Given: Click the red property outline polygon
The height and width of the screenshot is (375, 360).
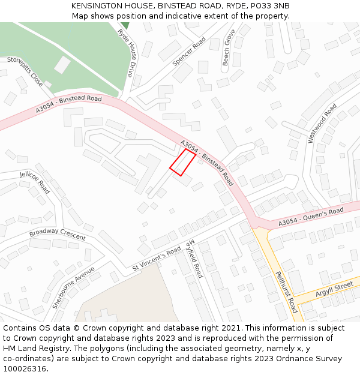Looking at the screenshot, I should click(182, 162).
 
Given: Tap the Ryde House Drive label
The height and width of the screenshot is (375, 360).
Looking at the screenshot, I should click(125, 53).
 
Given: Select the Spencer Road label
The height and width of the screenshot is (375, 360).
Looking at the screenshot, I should click(189, 52).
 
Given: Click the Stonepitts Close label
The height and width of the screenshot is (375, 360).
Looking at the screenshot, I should click(25, 71).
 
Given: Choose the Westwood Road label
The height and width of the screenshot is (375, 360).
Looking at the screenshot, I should click(322, 123).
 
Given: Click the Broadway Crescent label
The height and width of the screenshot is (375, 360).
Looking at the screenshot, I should click(58, 233).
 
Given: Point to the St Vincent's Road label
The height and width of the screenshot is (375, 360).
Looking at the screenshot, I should click(157, 257).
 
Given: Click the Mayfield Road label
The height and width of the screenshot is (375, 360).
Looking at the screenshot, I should click(196, 259).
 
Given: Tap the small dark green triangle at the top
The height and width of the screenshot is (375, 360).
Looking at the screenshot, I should click(125, 25).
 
